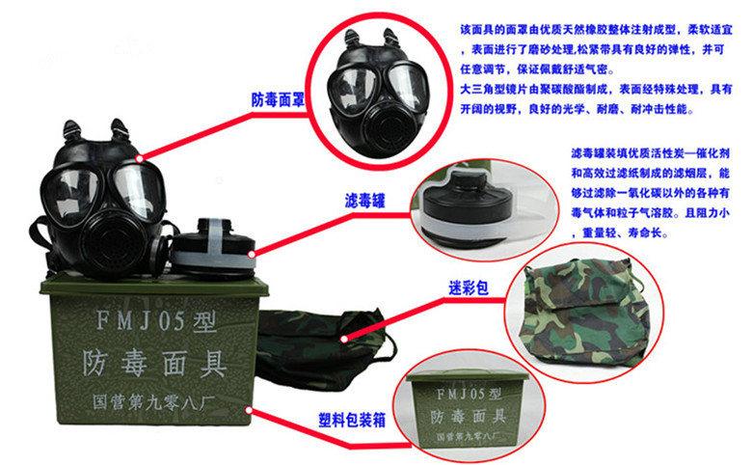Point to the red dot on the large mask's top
(141, 157)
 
